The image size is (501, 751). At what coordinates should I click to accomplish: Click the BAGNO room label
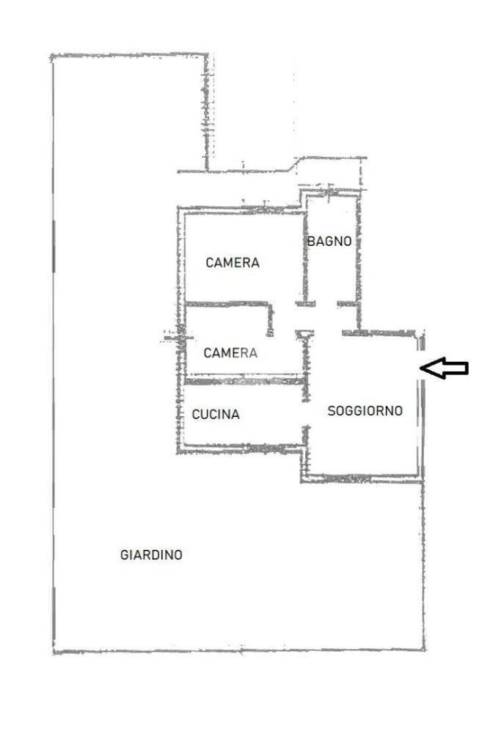click(329, 242)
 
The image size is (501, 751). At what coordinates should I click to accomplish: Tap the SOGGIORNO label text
click(365, 410)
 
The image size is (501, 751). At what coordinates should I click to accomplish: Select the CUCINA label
click(216, 414)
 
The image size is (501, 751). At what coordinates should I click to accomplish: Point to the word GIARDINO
click(151, 555)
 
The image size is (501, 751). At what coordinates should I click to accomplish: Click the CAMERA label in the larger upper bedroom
click(233, 263)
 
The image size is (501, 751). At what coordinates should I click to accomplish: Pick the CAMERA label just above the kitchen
click(230, 353)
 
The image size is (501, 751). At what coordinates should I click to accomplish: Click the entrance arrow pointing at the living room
click(444, 368)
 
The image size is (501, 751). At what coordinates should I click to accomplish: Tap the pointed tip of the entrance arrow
click(420, 368)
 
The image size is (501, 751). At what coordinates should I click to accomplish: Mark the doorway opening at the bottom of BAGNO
click(326, 304)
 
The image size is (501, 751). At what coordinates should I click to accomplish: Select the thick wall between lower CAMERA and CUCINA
click(245, 381)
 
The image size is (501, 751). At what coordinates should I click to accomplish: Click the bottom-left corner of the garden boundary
click(54, 652)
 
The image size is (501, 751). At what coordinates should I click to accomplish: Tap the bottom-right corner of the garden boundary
click(424, 650)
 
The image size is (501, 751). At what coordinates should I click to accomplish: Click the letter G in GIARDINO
click(125, 555)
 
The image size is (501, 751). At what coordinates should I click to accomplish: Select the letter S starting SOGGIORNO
click(332, 410)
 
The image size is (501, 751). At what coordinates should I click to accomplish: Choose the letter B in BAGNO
click(311, 242)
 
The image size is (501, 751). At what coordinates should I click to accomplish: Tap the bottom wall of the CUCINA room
click(241, 449)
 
